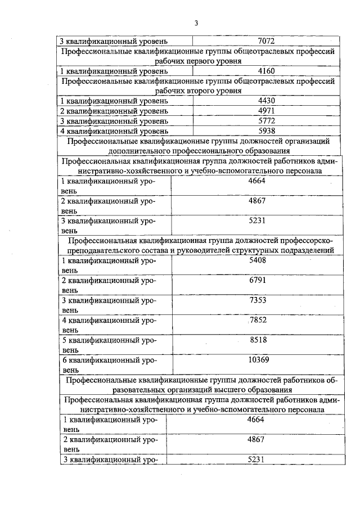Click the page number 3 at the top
click(x=196, y=23)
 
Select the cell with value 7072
click(x=265, y=41)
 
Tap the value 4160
click(x=265, y=71)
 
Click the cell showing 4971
click(x=265, y=111)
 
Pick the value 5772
click(x=265, y=121)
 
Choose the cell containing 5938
click(x=265, y=132)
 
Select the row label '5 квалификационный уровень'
click(x=109, y=345)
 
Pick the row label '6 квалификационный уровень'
click(x=109, y=364)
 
